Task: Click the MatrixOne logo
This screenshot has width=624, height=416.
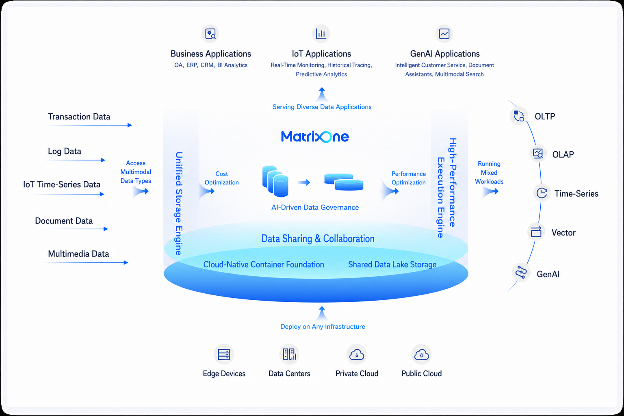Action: tap(315, 136)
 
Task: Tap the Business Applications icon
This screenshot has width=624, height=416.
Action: tap(210, 34)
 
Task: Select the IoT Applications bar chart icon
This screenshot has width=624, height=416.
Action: tap(321, 34)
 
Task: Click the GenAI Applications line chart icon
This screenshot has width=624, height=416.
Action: tap(444, 34)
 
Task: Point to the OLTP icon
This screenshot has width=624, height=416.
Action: tap(519, 116)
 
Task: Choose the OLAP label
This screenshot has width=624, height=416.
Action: tap(563, 154)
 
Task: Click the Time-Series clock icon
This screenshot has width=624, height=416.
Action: tap(542, 193)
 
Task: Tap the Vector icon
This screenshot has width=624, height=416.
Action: tap(536, 232)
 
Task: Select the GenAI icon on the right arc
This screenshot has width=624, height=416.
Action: tap(521, 272)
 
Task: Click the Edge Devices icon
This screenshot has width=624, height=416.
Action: tap(224, 354)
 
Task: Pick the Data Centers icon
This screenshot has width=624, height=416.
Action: tap(289, 354)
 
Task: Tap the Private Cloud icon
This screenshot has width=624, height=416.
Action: tap(357, 354)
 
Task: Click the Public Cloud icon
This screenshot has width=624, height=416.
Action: tap(421, 354)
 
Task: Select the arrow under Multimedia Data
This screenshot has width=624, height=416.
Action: tap(87, 262)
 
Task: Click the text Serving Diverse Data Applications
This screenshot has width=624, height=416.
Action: tap(322, 107)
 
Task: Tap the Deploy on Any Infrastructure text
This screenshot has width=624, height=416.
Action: tap(323, 327)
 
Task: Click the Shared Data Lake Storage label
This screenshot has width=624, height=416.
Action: tap(392, 264)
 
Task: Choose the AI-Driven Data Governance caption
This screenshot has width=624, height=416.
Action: tap(315, 207)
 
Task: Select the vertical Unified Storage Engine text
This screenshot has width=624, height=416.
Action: tap(179, 204)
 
